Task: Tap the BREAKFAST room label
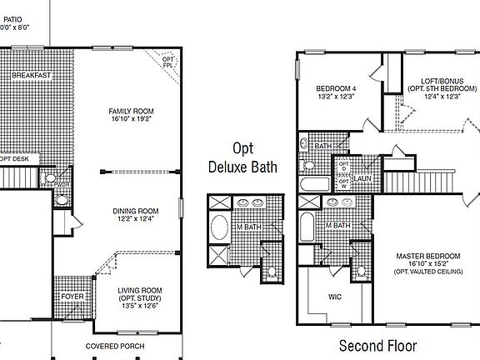32,76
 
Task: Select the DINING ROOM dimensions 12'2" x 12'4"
136,219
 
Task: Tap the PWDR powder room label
62,186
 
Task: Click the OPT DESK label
15,157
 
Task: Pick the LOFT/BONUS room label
430,80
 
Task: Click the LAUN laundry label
362,177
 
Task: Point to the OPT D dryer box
342,166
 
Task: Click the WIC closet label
335,296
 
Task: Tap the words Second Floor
377,345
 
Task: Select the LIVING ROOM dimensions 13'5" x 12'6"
139,305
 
